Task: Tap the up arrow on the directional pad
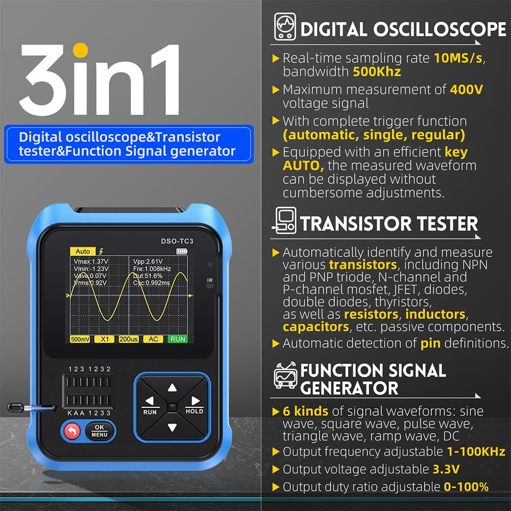[172, 387]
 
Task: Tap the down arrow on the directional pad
[172, 428]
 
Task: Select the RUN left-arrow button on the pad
[150, 403]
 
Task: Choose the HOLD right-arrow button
[194, 403]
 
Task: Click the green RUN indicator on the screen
[178, 339]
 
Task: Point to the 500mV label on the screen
[81, 339]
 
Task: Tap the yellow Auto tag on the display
[82, 251]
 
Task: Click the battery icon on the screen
[182, 251]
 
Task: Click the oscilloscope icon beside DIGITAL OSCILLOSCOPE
[285, 27]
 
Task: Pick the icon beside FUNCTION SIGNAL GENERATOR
[285, 376]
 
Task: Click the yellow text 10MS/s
[458, 58]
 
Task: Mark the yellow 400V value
[466, 90]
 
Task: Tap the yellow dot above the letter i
[81, 51]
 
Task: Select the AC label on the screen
[153, 339]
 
